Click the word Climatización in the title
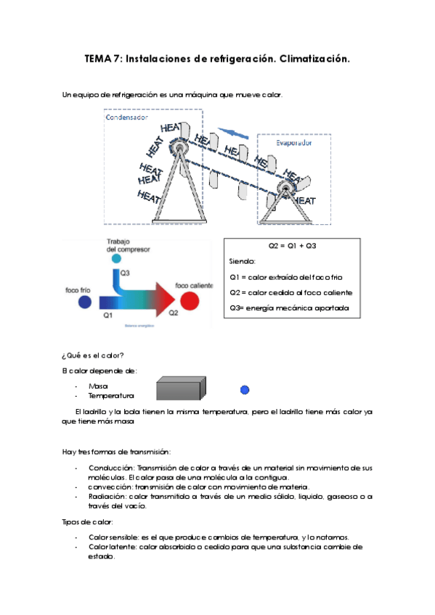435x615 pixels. (314, 59)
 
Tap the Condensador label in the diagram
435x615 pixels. (126, 117)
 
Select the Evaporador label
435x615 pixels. (293, 143)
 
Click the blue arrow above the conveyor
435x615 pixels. (233, 133)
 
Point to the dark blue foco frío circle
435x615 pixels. (85, 302)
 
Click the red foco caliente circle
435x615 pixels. (190, 301)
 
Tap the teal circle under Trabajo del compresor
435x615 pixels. (116, 258)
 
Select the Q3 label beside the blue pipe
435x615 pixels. (125, 273)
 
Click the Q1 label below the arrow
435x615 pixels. (108, 315)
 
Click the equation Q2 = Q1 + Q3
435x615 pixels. (292, 246)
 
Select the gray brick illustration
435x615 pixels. (181, 388)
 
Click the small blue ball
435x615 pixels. (245, 389)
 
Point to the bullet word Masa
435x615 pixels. (98, 387)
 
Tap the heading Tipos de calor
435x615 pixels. (88, 522)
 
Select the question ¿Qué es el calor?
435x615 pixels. (93, 355)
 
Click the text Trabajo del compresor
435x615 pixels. (128, 246)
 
